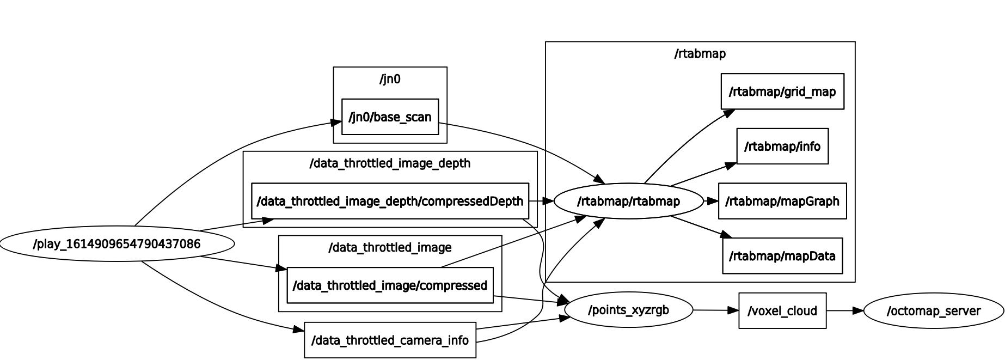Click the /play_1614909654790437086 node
[117, 244]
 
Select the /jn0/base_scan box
[390, 117]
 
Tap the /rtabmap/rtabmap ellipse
[628, 202]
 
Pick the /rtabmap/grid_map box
[782, 91]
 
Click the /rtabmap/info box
[782, 147]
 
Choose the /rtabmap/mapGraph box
[782, 202]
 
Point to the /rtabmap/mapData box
[782, 256]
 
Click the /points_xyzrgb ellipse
[628, 310]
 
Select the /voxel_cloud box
[782, 311]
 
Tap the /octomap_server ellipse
[933, 311]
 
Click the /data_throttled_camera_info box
[390, 340]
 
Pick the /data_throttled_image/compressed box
[390, 285]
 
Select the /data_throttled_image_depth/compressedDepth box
[390, 202]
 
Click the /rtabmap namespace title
[700, 54]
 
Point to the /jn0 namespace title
[390, 80]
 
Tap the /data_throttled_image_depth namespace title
[390, 163]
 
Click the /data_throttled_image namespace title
[390, 248]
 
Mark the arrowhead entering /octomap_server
[858, 311]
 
